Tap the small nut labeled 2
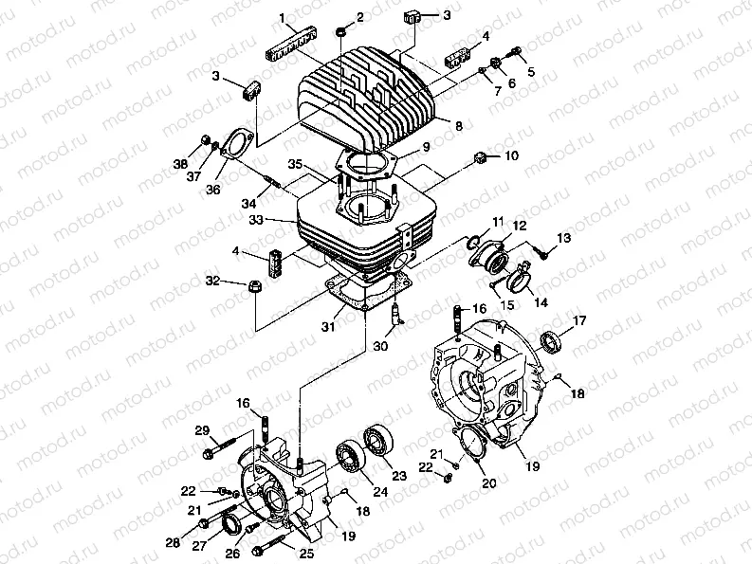coord(339,36)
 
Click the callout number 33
coord(280,221)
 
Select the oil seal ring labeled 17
coord(549,339)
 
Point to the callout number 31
coord(326,327)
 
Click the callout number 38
coord(179,164)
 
